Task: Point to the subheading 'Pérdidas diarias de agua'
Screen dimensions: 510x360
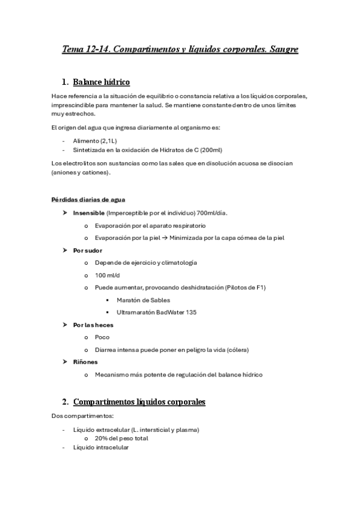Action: (x=88, y=200)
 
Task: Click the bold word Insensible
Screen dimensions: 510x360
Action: (x=89, y=213)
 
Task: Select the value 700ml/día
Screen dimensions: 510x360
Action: (x=212, y=213)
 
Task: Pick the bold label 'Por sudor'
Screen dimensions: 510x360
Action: (x=88, y=250)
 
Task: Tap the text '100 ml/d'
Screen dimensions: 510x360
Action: (x=108, y=275)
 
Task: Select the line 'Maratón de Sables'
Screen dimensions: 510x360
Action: (x=144, y=300)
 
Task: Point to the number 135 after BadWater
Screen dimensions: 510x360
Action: (x=191, y=312)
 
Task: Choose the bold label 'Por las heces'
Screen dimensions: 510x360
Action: (x=93, y=325)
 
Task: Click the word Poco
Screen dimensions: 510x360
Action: (x=102, y=337)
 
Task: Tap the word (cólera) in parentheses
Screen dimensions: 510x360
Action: (x=236, y=349)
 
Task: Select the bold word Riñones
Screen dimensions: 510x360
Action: (x=85, y=362)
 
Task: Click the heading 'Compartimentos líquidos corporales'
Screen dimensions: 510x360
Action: (x=139, y=401)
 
